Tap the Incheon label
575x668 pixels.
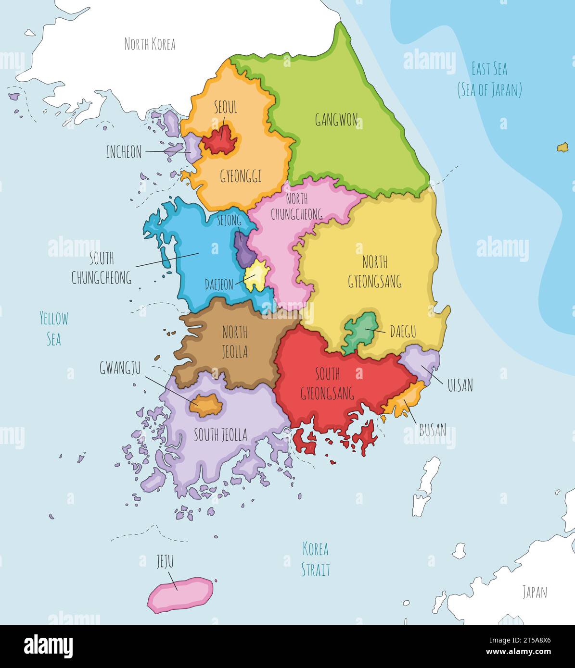pyautogui.click(x=124, y=152)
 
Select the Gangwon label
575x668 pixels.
pyautogui.click(x=336, y=119)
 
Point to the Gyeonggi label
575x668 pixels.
pyautogui.click(x=241, y=176)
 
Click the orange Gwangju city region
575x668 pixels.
pyautogui.click(x=205, y=406)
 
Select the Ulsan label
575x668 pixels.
pyautogui.click(x=460, y=384)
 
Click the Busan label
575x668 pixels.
pyautogui.click(x=433, y=429)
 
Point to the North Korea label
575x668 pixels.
pyautogui.click(x=150, y=44)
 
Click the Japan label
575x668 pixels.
pyautogui.click(x=535, y=592)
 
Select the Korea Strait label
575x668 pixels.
pyautogui.click(x=315, y=559)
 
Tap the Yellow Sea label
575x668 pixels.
pyautogui.click(x=53, y=328)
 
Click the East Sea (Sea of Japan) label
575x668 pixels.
pyautogui.click(x=489, y=79)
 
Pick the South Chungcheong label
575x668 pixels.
pyautogui.click(x=102, y=268)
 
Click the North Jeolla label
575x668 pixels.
pyautogui.click(x=235, y=342)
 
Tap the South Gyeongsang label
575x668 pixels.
pyautogui.click(x=327, y=383)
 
